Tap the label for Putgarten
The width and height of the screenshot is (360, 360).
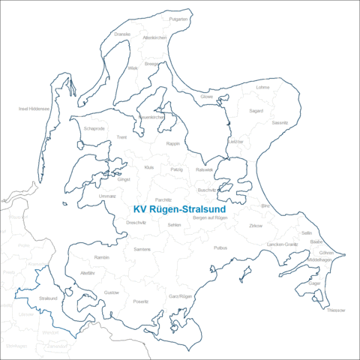[178, 18]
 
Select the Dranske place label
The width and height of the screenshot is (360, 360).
[122, 34]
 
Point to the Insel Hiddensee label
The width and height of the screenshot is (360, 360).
[34, 108]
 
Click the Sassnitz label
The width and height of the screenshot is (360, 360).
[280, 121]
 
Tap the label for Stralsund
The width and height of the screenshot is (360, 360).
[48, 298]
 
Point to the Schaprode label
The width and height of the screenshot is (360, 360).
[94, 128]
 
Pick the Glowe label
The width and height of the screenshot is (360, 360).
[207, 96]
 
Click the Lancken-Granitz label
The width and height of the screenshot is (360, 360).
[282, 244]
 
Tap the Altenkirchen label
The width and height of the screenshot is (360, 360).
[154, 37]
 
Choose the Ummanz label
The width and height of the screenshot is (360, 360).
[107, 196]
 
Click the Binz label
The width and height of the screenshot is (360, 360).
[265, 205]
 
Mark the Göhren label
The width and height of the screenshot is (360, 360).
[325, 253]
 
